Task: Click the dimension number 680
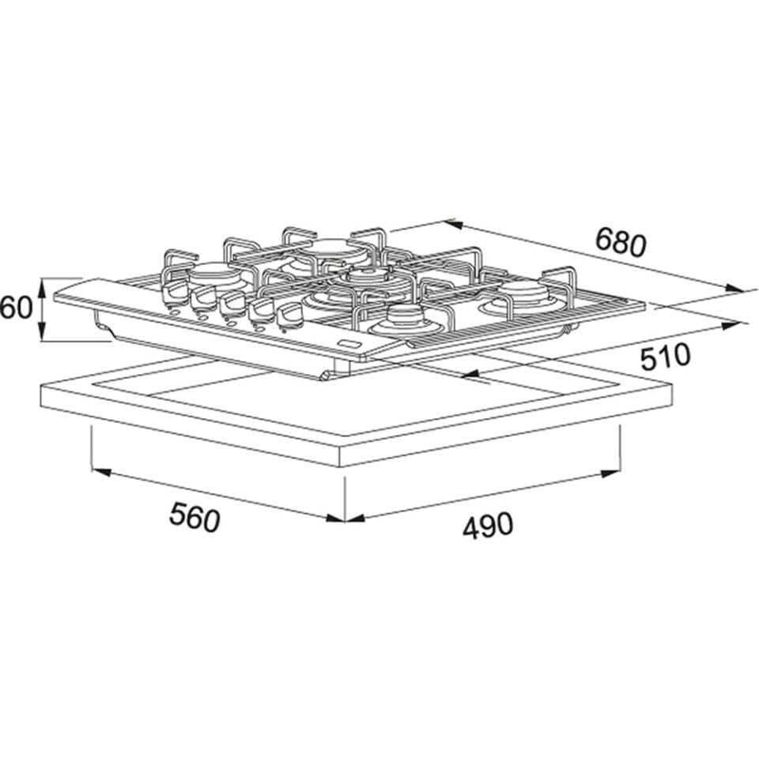pyautogui.click(x=621, y=242)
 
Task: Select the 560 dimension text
pyautogui.click(x=194, y=518)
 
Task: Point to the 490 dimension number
pyautogui.click(x=488, y=525)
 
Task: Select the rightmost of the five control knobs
pyautogui.click(x=291, y=313)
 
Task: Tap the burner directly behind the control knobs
pyautogui.click(x=214, y=274)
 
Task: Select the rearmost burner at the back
pyautogui.click(x=335, y=250)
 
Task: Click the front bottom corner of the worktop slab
pyautogui.click(x=345, y=465)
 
